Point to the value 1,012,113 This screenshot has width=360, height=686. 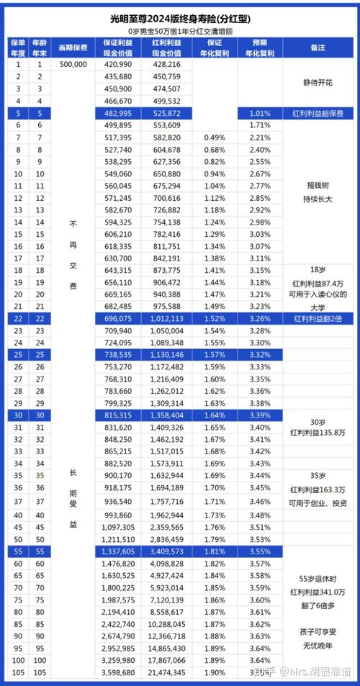click(x=166, y=317)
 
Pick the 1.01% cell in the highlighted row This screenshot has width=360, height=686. click(x=259, y=114)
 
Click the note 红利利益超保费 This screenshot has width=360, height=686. click(x=318, y=114)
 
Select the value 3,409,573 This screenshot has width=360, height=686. click(x=166, y=551)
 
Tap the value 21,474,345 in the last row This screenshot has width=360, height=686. click(x=166, y=672)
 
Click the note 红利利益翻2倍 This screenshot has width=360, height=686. click(x=318, y=317)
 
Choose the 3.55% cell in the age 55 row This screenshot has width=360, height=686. click(x=259, y=551)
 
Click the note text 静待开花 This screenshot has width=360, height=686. click(x=318, y=82)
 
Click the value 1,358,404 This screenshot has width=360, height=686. click(x=166, y=415)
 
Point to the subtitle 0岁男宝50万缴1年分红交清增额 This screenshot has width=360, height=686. click(x=180, y=32)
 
